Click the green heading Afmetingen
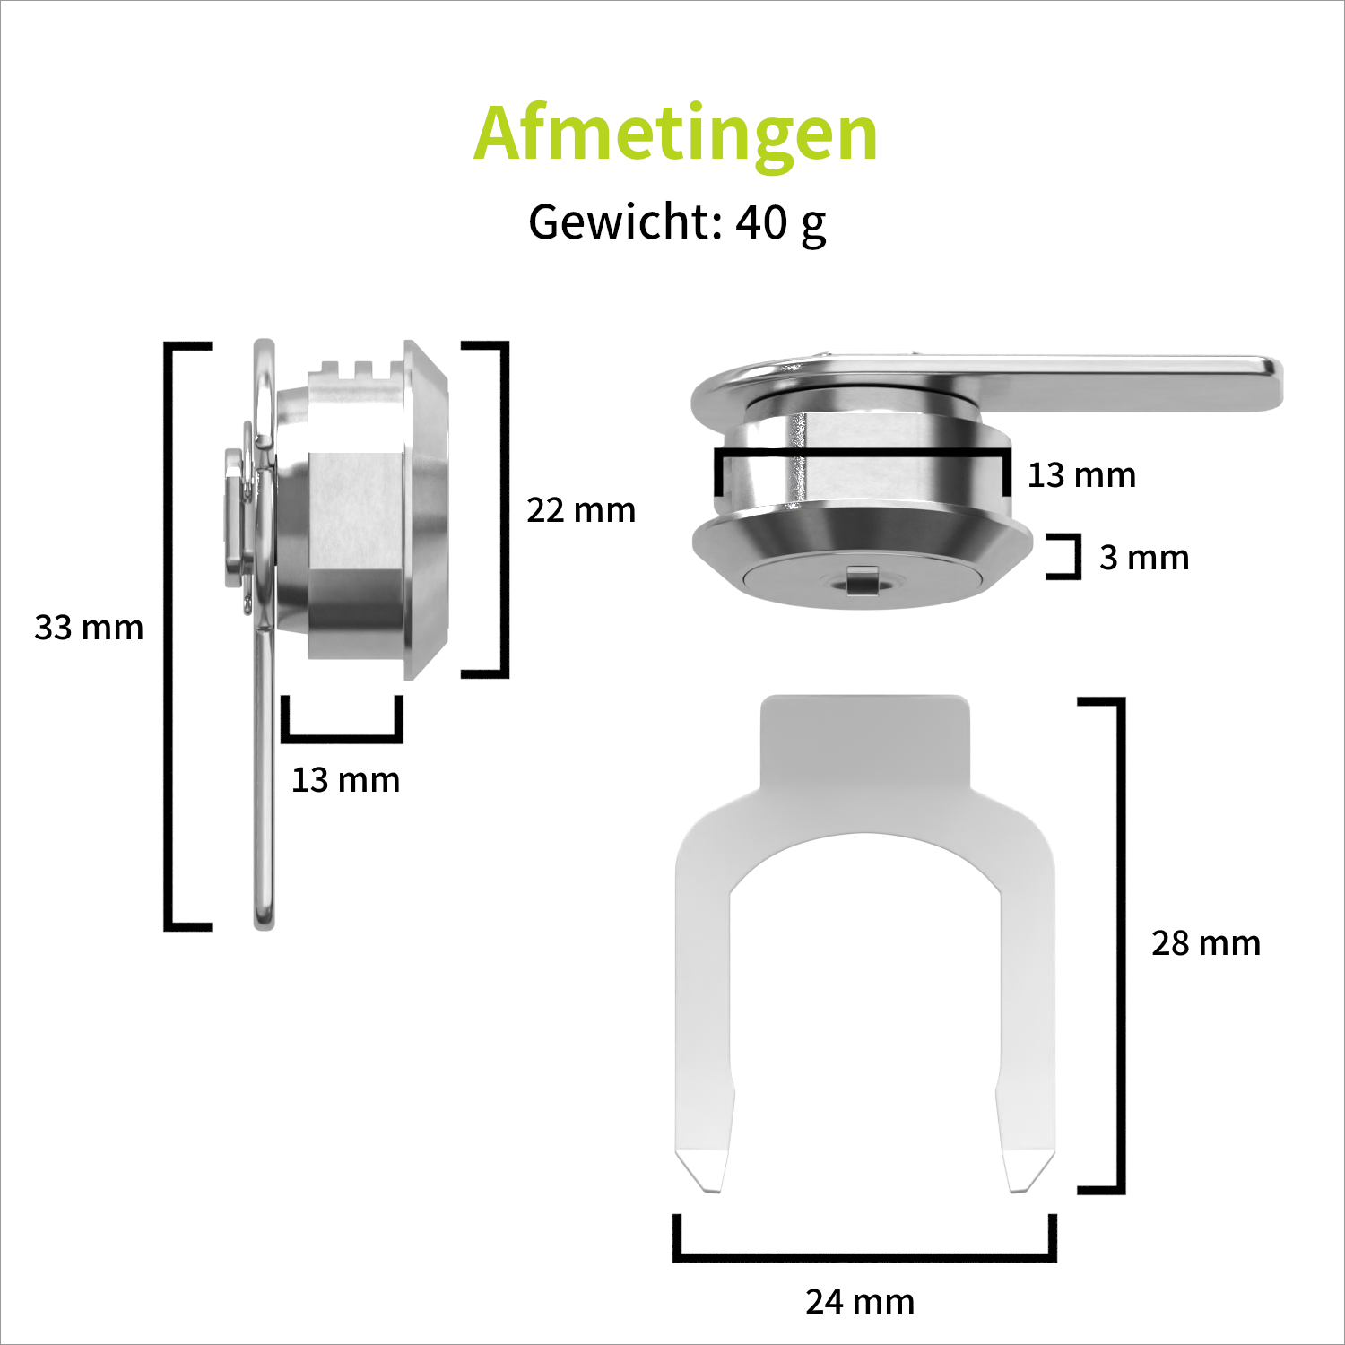click(x=675, y=134)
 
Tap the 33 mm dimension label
click(x=89, y=628)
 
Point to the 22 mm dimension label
click(x=581, y=510)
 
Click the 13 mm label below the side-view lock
click(x=345, y=780)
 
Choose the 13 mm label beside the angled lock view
click(x=1081, y=475)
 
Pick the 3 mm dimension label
click(x=1144, y=558)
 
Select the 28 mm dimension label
click(x=1206, y=943)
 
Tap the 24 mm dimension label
click(x=860, y=1302)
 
